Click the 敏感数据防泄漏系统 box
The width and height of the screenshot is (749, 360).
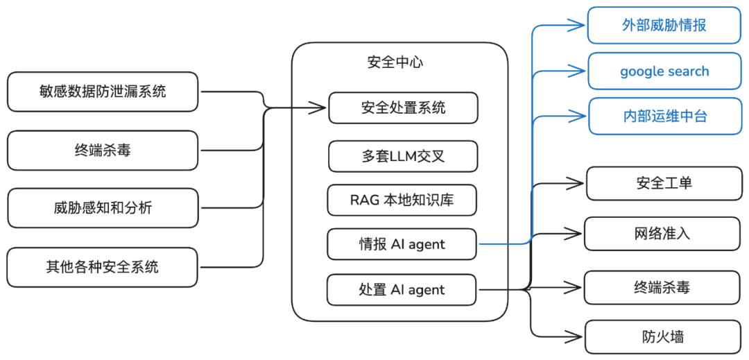tap(103, 91)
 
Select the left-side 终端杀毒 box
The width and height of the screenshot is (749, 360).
tap(103, 151)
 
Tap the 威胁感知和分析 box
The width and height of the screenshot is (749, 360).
tap(103, 207)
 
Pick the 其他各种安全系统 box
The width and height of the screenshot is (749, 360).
tap(103, 267)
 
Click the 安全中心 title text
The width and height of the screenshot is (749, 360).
tap(395, 62)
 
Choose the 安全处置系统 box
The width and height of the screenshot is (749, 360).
tap(403, 108)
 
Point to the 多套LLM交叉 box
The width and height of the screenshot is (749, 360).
tap(403, 156)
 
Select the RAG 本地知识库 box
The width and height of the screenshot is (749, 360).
tap(403, 200)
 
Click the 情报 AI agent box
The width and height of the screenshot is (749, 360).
tap(403, 244)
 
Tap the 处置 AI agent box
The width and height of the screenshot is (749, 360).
tap(403, 289)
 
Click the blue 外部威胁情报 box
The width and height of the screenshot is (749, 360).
tap(664, 26)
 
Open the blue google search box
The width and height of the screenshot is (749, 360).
tap(664, 71)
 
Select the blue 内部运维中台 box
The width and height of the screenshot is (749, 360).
tap(664, 116)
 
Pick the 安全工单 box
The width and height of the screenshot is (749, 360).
tap(664, 184)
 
